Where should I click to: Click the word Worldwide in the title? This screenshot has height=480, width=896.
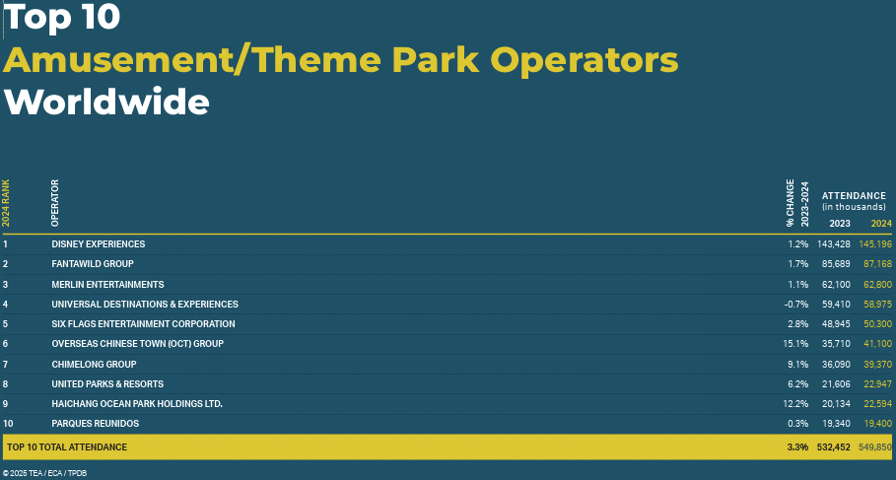(x=106, y=102)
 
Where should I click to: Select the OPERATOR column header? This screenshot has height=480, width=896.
(x=55, y=203)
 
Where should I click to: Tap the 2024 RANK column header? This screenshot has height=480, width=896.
(x=6, y=203)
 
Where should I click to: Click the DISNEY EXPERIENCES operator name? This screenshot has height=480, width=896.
(x=99, y=244)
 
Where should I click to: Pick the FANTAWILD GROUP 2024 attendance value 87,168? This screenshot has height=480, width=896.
(x=875, y=264)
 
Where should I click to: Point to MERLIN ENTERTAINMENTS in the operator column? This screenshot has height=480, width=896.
(x=107, y=285)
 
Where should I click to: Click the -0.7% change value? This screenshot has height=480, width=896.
(x=796, y=304)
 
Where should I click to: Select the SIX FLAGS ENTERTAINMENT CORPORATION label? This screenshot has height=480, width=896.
(x=143, y=324)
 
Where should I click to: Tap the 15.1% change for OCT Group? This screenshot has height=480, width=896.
(x=795, y=344)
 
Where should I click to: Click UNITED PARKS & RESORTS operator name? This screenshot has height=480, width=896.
(x=107, y=384)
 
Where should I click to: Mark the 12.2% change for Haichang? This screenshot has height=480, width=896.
(x=795, y=404)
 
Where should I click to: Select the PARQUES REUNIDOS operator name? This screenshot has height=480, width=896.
(x=95, y=424)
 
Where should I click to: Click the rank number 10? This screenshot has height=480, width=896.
(x=8, y=424)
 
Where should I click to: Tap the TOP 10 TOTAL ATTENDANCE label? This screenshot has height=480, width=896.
(x=67, y=446)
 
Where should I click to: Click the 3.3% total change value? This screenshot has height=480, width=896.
(x=797, y=446)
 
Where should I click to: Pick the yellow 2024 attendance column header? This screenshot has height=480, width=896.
(x=881, y=224)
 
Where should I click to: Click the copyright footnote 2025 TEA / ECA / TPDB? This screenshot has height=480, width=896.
(x=44, y=473)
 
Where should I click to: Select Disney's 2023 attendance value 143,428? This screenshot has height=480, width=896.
(x=832, y=244)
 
